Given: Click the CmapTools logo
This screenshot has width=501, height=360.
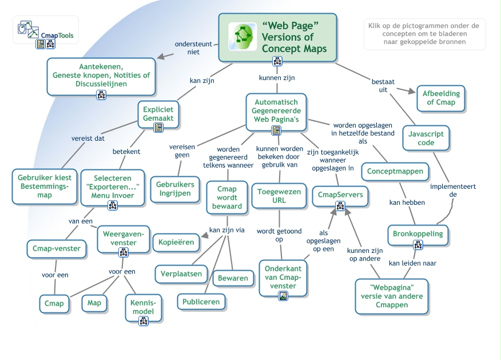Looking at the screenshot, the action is click(x=46, y=30).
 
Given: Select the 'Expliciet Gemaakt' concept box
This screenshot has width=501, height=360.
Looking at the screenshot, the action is click(x=158, y=114).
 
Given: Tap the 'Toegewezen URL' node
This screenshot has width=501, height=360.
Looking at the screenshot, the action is click(x=279, y=196).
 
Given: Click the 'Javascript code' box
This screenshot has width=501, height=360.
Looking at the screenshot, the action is click(x=426, y=138).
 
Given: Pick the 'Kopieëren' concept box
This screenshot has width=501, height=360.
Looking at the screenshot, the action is click(x=176, y=242).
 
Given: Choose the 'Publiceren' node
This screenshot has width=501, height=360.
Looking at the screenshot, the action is click(x=201, y=302).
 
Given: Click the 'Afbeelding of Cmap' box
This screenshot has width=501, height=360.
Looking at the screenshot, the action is click(x=441, y=98).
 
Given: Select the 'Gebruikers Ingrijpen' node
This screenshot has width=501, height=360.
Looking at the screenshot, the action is click(x=175, y=189).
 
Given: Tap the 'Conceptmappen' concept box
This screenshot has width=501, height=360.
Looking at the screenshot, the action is click(x=395, y=171).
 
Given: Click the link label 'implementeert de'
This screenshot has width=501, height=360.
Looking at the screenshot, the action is click(x=453, y=190).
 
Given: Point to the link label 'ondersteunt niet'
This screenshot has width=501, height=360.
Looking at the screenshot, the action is click(x=193, y=48).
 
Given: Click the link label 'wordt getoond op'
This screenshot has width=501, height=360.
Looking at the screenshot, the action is click(x=279, y=235).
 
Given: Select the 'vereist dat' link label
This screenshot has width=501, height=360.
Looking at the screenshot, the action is click(x=88, y=138).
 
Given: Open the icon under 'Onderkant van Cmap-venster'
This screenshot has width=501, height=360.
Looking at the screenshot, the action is click(x=283, y=296).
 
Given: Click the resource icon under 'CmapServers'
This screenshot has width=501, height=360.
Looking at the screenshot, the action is click(x=340, y=206).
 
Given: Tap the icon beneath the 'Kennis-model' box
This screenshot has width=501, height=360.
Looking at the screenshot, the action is click(x=144, y=321).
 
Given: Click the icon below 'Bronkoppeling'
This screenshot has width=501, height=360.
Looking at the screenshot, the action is click(x=418, y=245).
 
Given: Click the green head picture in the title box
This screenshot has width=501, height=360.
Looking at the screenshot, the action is click(x=243, y=37).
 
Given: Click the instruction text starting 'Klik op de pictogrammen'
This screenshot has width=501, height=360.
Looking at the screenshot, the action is click(x=424, y=34).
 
